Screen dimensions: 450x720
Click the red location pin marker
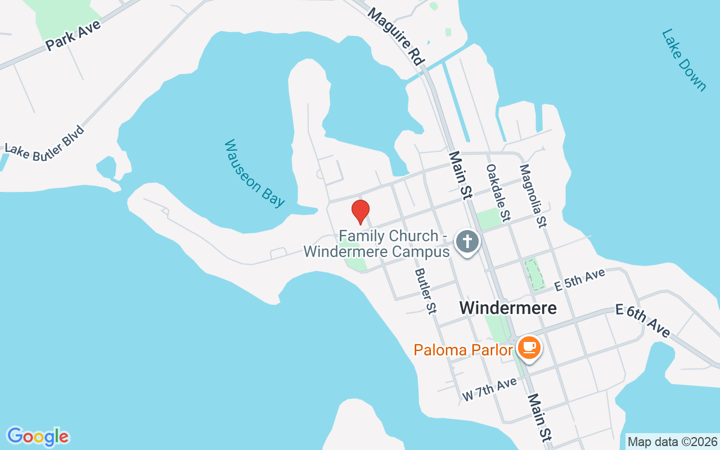tap(360, 211)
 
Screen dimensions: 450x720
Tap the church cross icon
tap(467, 242)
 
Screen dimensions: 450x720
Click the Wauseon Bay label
tap(254, 173)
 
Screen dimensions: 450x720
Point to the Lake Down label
tap(683, 60)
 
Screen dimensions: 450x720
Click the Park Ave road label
tap(73, 35)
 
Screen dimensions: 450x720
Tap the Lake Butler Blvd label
tap(44, 144)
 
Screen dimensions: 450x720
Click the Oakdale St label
tap(498, 191)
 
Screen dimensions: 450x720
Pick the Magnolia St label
tap(533, 195)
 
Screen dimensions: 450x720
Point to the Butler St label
tap(425, 290)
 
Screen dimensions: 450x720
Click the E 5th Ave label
tap(579, 280)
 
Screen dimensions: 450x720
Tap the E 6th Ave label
tap(643, 321)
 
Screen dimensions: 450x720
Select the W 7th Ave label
tap(489, 389)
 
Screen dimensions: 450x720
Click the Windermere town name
tap(508, 308)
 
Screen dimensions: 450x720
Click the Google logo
tap(38, 436)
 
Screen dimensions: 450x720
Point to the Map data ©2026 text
tap(672, 442)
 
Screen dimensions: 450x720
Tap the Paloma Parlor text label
tap(463, 350)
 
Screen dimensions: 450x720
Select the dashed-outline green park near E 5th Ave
tap(534, 274)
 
